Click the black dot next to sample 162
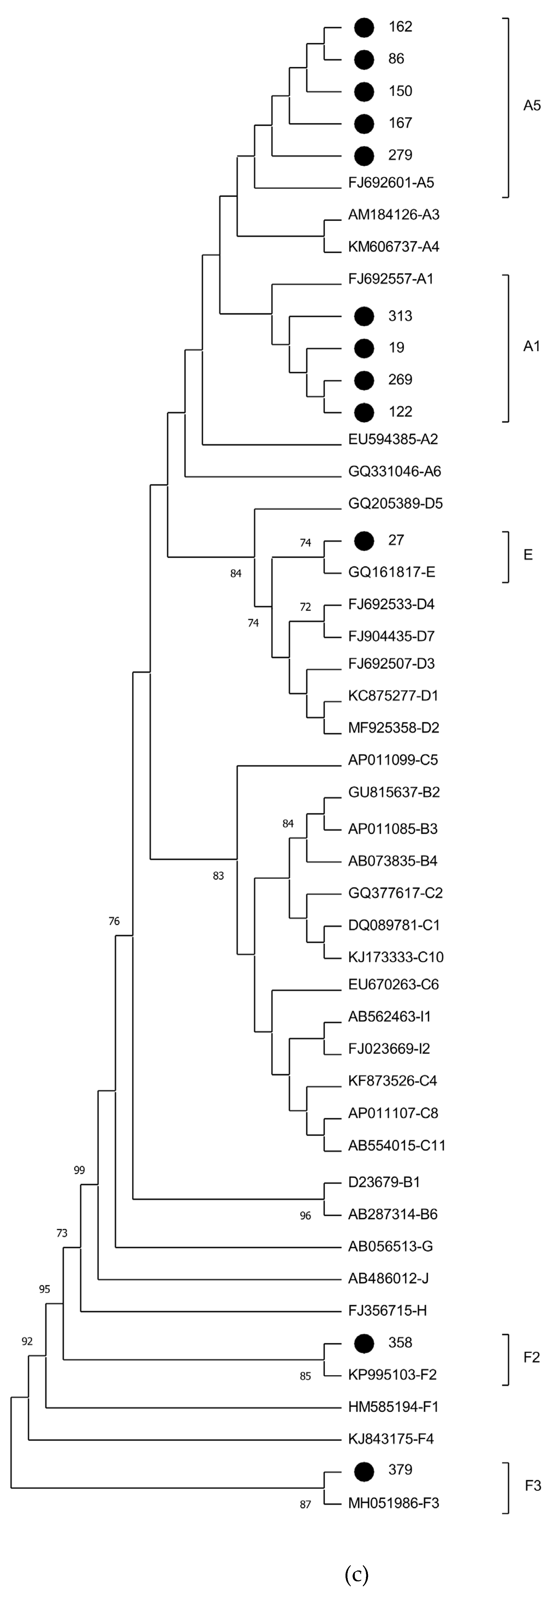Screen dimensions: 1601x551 364,27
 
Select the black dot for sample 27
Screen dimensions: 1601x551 364,541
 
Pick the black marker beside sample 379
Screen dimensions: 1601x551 364,1470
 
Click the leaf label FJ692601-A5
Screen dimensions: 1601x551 391,183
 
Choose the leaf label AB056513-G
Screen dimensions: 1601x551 390,1246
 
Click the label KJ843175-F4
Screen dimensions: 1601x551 391,1439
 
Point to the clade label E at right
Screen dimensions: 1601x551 528,555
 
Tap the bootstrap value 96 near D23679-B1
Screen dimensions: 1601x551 305,1216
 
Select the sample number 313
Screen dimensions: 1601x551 400,316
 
